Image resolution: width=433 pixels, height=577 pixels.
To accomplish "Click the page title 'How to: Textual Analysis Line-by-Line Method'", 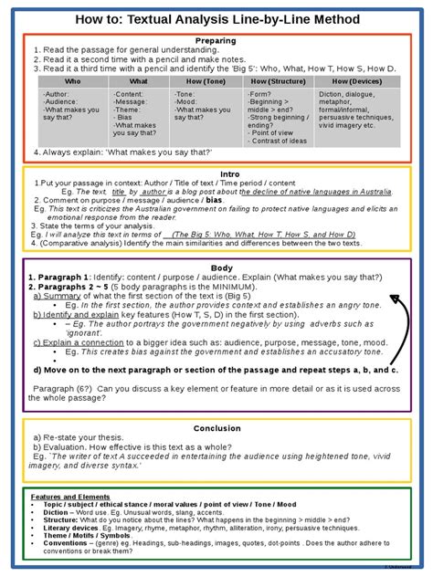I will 216,19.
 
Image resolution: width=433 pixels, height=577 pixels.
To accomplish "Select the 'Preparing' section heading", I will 216,40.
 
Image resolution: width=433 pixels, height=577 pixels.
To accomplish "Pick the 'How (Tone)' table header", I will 206,81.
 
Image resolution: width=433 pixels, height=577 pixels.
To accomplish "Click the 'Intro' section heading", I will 216,174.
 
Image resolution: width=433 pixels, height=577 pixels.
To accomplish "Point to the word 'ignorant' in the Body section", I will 100,333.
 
